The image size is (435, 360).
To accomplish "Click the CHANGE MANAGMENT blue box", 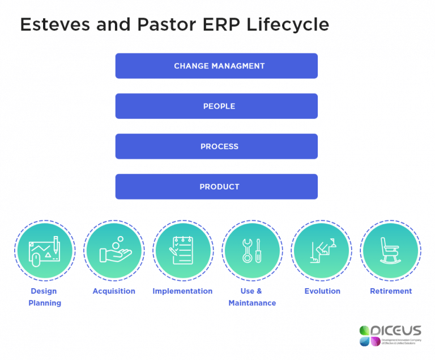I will [216, 66].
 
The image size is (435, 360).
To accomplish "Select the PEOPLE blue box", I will [216, 106].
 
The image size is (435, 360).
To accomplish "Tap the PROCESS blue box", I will [216, 146].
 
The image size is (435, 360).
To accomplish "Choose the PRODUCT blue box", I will [216, 186].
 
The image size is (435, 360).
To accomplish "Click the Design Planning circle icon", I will [44, 250].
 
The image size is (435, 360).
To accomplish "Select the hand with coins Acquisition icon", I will [114, 250].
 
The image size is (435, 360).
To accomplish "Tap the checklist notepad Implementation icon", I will [182, 250].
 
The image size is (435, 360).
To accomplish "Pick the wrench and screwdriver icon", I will [251, 250].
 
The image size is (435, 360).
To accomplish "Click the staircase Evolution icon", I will [321, 250].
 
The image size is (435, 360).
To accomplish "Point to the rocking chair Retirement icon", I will [390, 250].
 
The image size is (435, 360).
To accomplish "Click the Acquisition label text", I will [114, 291].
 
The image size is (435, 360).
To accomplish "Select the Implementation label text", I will [182, 291].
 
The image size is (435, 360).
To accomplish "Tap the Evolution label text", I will [322, 291].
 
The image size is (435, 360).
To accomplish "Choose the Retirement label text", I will [391, 291].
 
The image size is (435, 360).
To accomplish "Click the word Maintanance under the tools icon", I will [252, 303].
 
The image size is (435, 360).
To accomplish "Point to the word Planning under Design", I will [45, 303].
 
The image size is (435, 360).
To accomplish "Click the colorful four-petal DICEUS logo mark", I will [369, 335].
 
